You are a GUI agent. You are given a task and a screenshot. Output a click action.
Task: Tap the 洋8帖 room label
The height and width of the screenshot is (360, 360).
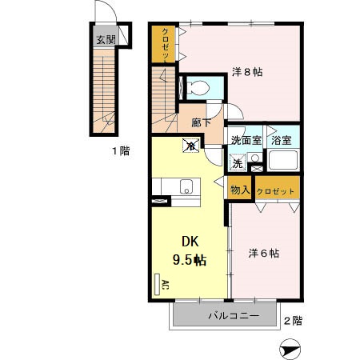point(247,72)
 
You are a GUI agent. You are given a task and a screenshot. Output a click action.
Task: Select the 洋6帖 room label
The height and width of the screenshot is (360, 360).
point(263,253)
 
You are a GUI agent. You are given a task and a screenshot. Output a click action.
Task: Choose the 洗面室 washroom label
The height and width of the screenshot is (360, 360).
point(245,140)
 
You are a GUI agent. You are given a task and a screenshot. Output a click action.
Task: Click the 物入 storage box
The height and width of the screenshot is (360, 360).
point(239,190)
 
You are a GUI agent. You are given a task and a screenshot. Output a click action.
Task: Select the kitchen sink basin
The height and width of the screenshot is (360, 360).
point(187,188)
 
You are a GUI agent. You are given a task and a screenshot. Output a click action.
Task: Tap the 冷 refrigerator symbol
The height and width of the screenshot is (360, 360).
point(190,146)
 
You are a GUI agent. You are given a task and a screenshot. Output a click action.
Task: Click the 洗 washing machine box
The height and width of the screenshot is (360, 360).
point(238,163)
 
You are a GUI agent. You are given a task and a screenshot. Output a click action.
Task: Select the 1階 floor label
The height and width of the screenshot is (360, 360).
point(121,150)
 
